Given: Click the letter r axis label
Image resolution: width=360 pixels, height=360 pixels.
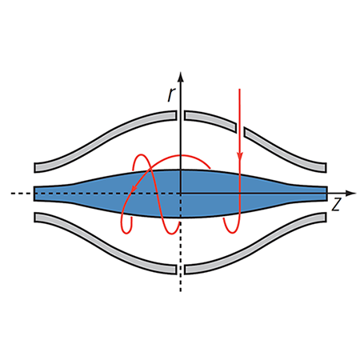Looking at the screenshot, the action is click(x=171, y=95).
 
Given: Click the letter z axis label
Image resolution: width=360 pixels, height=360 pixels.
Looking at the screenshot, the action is click(x=337, y=205).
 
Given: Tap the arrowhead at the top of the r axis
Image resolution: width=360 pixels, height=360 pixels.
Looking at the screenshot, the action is click(x=181, y=77).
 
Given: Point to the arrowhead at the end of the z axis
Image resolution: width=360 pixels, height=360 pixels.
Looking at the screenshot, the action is click(x=350, y=193).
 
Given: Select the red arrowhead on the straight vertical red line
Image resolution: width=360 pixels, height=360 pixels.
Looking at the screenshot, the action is click(x=240, y=157).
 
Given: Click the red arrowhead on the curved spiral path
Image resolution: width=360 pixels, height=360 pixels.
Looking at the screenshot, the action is click(x=134, y=187).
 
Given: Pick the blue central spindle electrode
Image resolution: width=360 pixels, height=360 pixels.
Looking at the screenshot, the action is click(x=180, y=194).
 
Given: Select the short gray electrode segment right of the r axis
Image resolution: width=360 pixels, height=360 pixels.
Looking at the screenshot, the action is click(x=210, y=121).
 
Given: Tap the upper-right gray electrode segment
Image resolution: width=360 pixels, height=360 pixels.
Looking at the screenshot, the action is click(x=286, y=150).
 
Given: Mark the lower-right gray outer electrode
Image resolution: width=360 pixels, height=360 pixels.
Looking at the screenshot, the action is click(x=256, y=244).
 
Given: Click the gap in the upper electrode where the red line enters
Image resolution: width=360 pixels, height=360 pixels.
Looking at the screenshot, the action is click(x=240, y=130).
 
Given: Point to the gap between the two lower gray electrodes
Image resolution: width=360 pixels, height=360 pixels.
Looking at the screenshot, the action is click(x=181, y=270).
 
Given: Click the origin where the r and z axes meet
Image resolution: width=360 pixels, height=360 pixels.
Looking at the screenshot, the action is click(x=181, y=193).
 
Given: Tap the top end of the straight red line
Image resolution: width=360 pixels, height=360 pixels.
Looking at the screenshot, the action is click(x=239, y=90).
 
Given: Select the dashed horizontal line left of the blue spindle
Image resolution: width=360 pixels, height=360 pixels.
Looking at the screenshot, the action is click(x=22, y=193).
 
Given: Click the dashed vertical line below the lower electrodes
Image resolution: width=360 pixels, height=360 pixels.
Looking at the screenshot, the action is click(x=181, y=282).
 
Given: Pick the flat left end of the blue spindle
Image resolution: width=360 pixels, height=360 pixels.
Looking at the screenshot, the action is click(x=34, y=194).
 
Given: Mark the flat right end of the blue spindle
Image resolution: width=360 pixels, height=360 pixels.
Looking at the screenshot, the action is click(x=326, y=194).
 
